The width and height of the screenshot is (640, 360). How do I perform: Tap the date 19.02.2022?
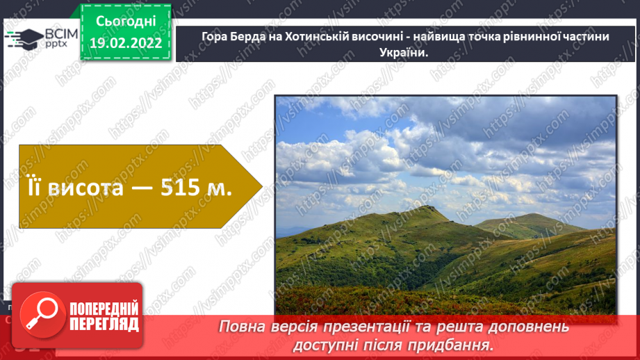tap(126, 42)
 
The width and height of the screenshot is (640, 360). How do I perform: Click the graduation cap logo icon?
tap(24, 39)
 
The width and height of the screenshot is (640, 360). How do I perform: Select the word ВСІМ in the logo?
tap(62, 35)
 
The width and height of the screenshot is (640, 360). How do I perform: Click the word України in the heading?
tap(400, 51)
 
